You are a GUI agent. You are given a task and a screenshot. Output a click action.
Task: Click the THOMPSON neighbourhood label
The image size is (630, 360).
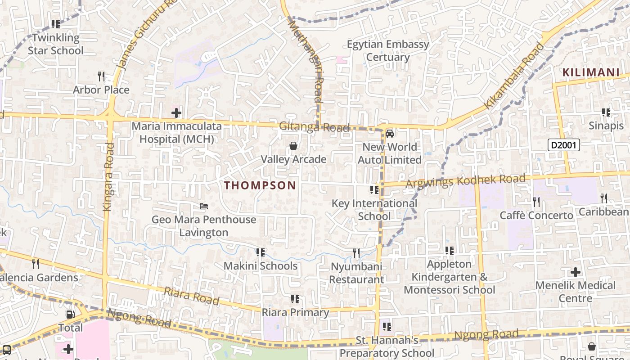pos(260,185)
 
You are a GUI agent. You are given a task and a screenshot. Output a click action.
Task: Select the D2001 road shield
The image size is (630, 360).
pos(563,145)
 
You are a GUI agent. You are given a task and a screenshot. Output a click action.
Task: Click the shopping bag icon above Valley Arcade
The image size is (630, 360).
pos(293,146)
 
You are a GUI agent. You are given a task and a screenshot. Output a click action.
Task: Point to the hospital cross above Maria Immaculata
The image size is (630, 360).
pos(176,112)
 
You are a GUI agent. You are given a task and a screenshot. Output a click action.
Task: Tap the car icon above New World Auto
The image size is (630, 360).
pos(390,134)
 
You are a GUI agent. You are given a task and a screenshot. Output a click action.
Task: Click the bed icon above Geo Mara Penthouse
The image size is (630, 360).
pos(204,207)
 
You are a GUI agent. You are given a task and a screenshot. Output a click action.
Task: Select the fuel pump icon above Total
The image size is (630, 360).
pos(71,315)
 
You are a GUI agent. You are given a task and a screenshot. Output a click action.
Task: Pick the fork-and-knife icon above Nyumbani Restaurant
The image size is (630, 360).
pos(356,253)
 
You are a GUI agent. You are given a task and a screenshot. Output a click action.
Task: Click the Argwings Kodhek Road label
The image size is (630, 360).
pos(465,181)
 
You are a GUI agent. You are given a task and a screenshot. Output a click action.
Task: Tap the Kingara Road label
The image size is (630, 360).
pos(108,176)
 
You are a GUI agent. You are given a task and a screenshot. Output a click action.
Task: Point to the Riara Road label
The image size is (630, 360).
pos(191,296)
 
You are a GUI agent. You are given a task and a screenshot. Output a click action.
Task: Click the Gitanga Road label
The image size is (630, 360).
pos(314,127)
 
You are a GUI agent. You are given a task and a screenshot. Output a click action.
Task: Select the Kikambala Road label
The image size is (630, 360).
pos(514,76)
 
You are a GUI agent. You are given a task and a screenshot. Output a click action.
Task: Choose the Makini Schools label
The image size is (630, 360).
pos(261,266)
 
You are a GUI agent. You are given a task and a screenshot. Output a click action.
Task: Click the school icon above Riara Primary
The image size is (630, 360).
pos(295,299)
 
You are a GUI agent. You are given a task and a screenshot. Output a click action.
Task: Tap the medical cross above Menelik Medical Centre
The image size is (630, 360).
pos(575,272)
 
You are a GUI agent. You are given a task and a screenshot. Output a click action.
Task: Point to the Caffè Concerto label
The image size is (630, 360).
pos(536,216)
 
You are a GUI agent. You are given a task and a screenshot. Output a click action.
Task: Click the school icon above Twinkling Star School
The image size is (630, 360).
pos(56,24)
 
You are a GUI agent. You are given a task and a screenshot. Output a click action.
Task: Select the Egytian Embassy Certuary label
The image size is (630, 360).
pos(388,51)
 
